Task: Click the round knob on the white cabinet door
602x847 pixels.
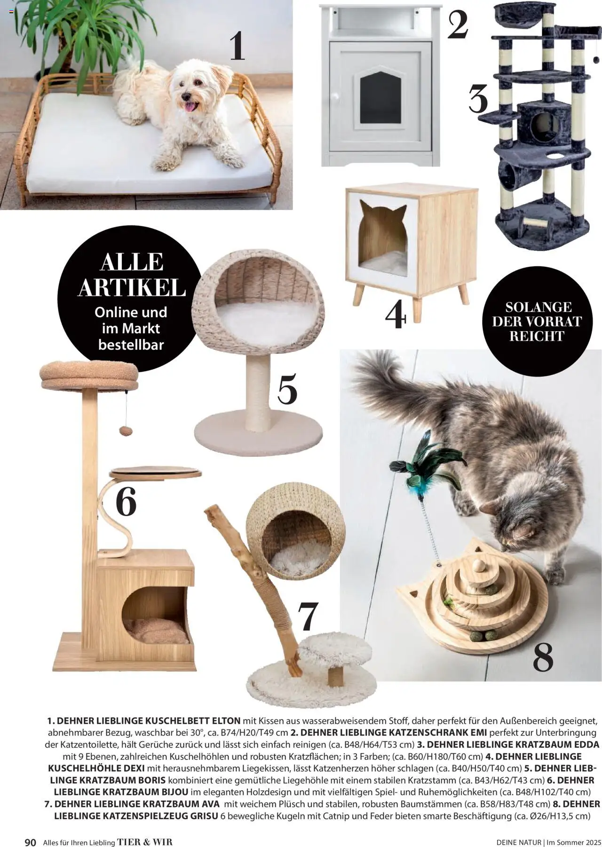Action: click(x=335, y=96)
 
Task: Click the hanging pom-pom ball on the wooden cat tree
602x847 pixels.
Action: click(x=125, y=430)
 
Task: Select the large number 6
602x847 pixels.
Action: click(x=126, y=501)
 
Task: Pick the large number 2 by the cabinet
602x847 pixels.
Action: click(x=458, y=25)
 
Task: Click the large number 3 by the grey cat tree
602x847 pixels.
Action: click(x=478, y=98)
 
